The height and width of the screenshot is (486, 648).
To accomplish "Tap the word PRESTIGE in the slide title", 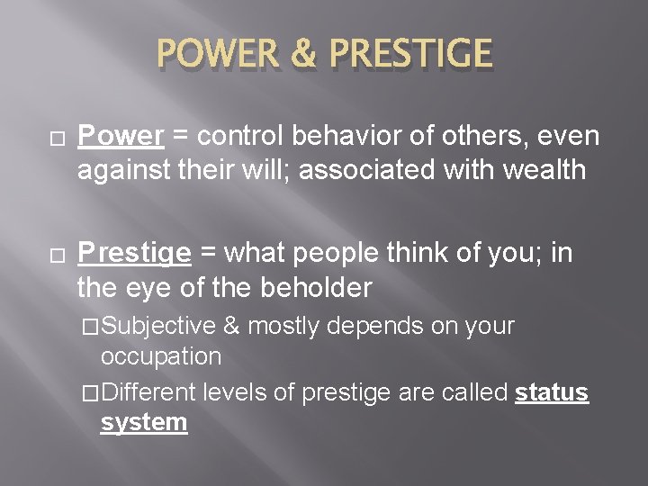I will [x=410, y=53].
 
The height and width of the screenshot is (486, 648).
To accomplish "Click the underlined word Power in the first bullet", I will [x=120, y=136].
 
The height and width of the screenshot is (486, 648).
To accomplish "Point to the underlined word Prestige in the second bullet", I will [x=134, y=255].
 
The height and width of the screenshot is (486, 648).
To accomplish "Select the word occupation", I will [x=161, y=356].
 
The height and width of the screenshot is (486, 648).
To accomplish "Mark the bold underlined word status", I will [x=552, y=393].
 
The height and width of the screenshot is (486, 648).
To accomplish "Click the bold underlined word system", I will [x=144, y=423].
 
